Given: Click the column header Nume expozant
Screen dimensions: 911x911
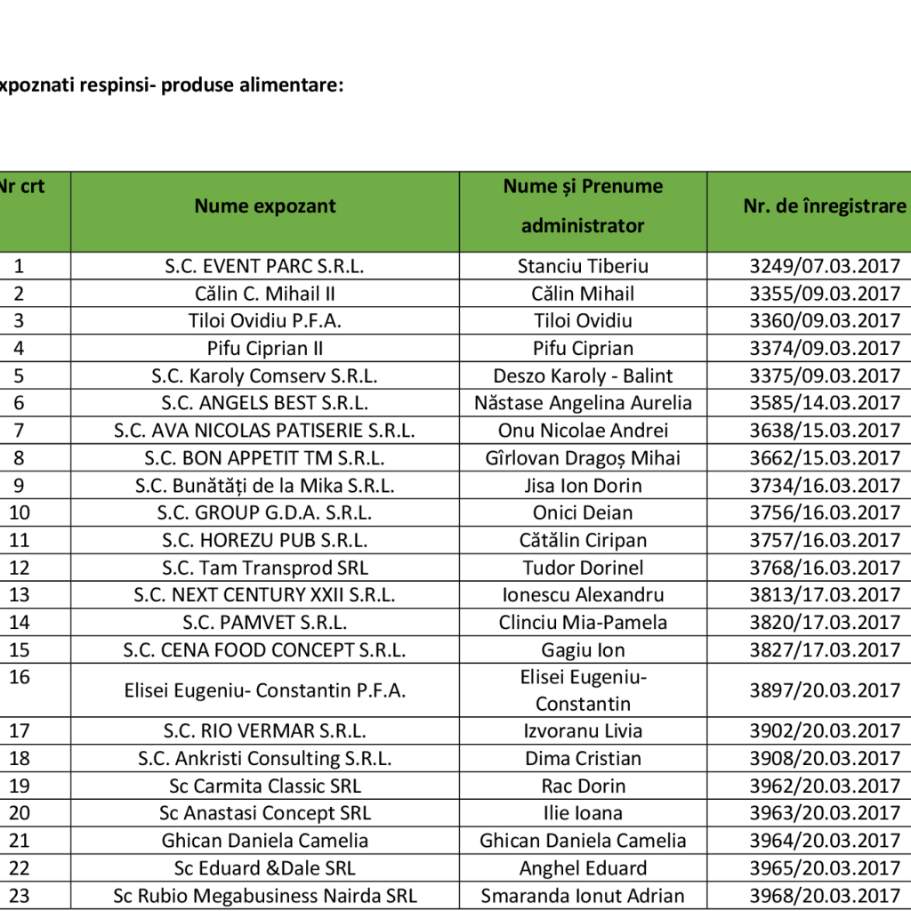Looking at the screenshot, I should [265, 206].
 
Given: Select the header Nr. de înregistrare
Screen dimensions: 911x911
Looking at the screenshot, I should [824, 206].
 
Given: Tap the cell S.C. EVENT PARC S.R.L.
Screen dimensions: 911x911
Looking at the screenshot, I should [265, 266].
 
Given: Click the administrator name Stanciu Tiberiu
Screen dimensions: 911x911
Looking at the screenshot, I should [583, 266].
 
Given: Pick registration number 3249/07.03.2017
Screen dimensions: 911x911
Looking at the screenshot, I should [825, 266].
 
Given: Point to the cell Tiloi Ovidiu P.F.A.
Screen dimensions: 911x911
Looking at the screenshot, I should [265, 321].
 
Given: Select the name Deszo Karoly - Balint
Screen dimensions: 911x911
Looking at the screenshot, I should [583, 375].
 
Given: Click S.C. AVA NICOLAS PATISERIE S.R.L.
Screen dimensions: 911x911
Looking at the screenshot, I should [265, 431].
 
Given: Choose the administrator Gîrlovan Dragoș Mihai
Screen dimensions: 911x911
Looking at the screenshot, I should [583, 458].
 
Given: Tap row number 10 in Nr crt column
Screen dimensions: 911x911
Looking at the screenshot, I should [20, 513].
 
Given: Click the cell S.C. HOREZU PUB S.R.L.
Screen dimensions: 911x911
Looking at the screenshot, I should [265, 541].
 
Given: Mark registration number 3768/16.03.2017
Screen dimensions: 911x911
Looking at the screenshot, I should [825, 568].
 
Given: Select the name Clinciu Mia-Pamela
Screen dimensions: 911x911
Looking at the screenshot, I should [583, 623].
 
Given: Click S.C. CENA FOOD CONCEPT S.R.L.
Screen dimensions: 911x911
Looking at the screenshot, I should [265, 650].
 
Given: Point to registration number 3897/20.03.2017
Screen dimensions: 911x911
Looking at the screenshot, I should [825, 690].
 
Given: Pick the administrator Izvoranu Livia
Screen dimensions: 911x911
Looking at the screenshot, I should [583, 731].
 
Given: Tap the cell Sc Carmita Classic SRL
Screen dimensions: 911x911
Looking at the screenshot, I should [265, 786].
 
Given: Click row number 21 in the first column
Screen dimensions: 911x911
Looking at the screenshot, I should [20, 841].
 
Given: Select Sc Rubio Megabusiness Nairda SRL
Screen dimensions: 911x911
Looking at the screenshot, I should [265, 896].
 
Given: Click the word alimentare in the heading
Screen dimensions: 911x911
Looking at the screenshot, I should [290, 85].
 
